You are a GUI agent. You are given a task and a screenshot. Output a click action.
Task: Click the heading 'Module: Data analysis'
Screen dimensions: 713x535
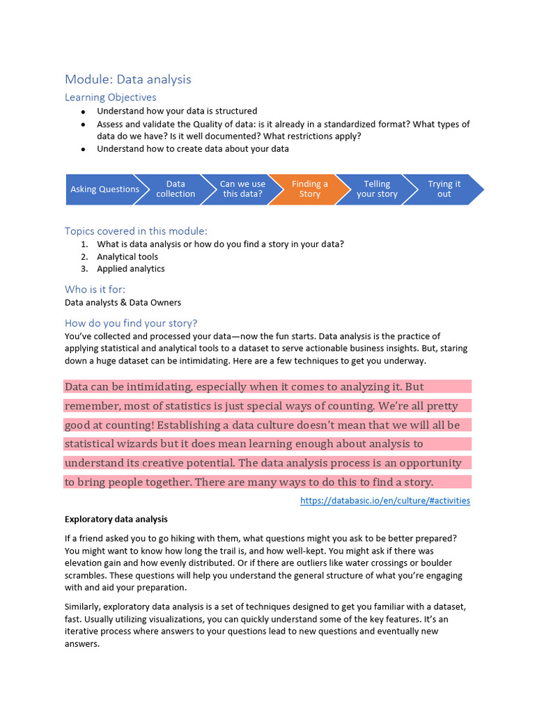[127, 79]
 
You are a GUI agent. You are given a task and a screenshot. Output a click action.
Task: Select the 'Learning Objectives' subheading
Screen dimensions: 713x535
[110, 97]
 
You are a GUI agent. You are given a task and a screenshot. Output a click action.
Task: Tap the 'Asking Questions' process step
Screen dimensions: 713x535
[104, 189]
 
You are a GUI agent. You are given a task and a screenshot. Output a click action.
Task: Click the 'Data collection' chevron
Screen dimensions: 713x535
[176, 189]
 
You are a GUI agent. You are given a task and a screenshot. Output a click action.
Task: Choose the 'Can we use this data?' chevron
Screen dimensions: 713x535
[242, 189]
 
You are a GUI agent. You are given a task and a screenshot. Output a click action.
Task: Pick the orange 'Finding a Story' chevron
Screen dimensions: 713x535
[309, 189]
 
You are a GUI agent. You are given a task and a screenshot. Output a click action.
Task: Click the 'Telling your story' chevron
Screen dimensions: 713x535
[377, 189]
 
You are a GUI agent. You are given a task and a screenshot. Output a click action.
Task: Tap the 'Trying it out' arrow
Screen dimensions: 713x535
[444, 189]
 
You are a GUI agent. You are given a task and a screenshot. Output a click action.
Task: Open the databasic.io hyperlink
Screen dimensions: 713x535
[385, 501]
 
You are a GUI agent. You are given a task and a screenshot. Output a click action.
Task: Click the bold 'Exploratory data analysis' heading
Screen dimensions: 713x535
[116, 519]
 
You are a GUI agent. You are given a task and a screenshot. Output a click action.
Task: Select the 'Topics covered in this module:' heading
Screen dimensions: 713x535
[136, 231]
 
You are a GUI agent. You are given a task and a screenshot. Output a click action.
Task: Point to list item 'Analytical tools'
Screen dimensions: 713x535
[127, 257]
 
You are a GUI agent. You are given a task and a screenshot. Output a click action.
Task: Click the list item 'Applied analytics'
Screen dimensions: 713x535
[131, 269]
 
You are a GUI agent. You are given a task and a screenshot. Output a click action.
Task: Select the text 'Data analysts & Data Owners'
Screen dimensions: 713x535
[123, 303]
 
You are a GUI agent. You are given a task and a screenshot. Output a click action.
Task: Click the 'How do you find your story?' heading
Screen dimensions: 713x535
[131, 323]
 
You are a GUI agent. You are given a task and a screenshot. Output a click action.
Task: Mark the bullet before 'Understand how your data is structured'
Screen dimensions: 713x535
[84, 111]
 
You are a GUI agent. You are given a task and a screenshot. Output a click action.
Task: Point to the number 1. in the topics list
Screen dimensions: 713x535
[84, 244]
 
